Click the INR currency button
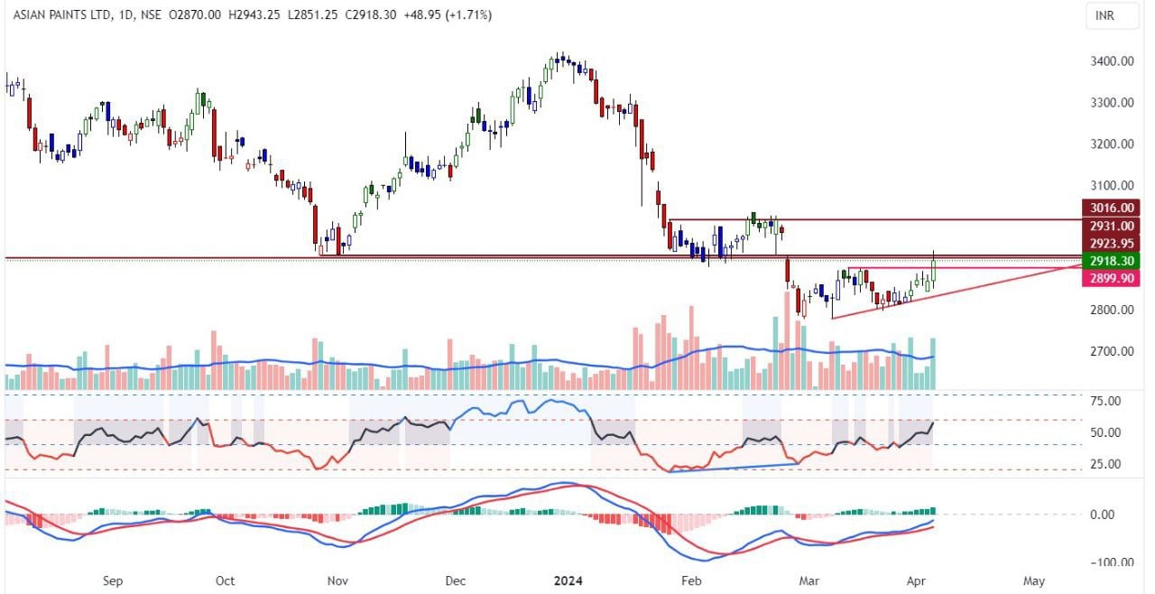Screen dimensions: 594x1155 click(x=1104, y=16)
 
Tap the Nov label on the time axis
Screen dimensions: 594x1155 click(x=337, y=581)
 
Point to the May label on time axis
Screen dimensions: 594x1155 click(x=1035, y=581)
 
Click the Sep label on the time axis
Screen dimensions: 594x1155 click(x=112, y=581)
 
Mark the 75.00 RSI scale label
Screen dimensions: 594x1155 click(x=1105, y=401)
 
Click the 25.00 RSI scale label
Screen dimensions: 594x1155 click(x=1105, y=464)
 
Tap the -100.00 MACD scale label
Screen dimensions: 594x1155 click(x=1104, y=562)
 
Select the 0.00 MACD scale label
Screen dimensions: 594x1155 click(x=1109, y=515)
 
